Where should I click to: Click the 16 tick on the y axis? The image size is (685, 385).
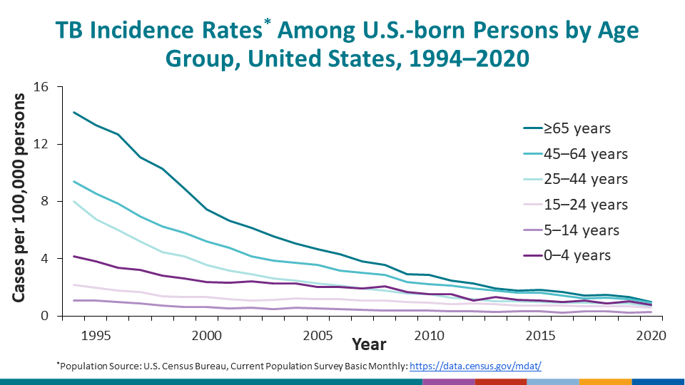39,87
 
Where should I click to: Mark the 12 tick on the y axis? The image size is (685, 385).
39,144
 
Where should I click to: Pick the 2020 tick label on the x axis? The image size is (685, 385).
649,334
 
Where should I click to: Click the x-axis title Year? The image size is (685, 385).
369,345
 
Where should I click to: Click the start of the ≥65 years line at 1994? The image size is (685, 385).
73,112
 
